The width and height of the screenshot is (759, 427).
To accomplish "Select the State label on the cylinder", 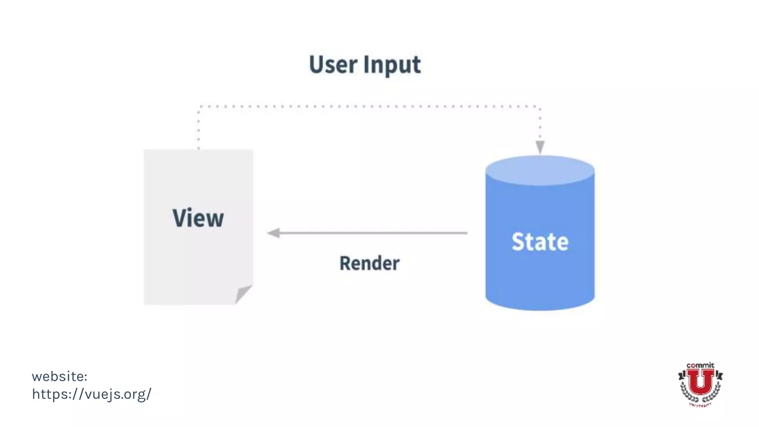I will (x=540, y=242).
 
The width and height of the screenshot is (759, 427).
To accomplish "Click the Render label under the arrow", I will (x=369, y=263).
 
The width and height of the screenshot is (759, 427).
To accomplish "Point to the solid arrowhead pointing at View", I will (x=273, y=233).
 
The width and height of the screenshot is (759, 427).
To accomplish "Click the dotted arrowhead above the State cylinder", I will (x=540, y=147).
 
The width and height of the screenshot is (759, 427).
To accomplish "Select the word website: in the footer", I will (x=59, y=376).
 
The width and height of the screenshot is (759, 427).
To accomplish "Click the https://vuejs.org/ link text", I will (x=92, y=394).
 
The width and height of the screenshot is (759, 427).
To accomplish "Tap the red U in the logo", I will (x=700, y=382).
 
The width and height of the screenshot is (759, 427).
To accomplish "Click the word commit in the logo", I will (x=700, y=365).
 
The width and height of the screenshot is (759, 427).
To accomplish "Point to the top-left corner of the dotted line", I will (x=199, y=107).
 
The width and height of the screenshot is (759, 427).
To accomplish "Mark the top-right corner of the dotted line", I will (x=540, y=107).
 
